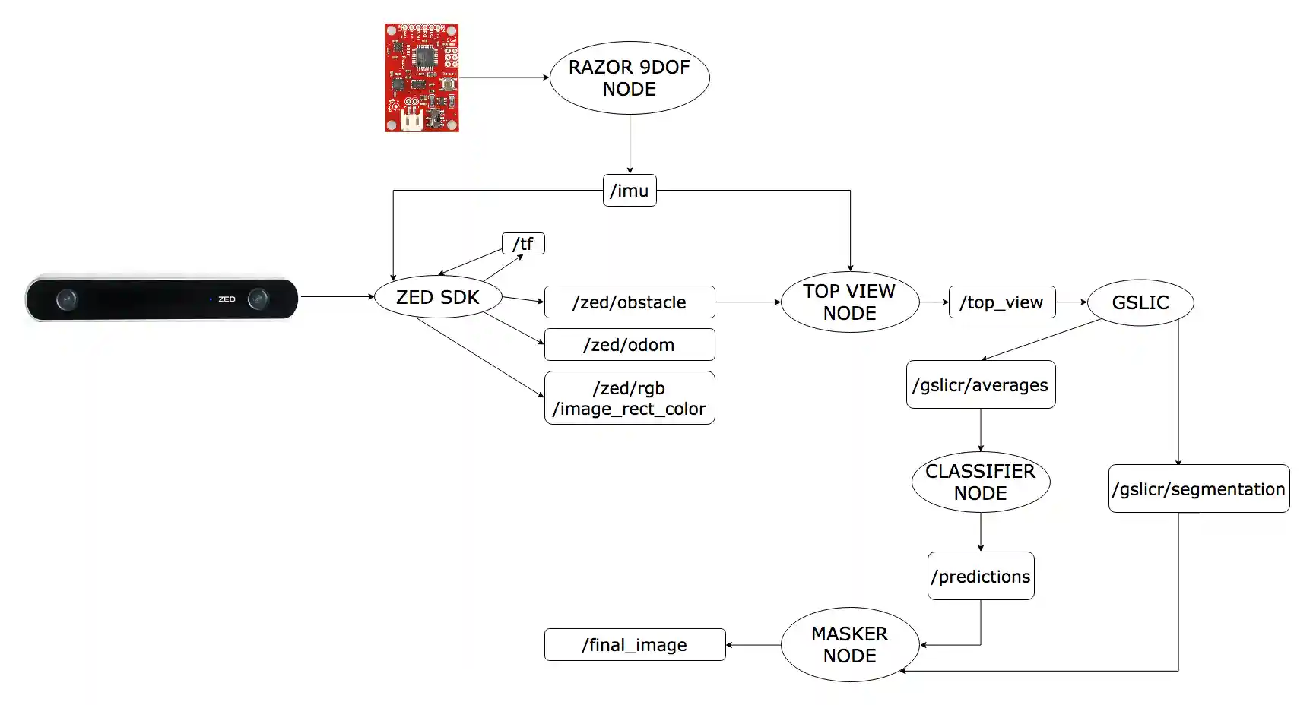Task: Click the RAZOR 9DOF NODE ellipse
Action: click(629, 77)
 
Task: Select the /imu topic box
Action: click(629, 190)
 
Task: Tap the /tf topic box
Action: click(523, 243)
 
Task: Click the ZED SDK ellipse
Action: click(437, 297)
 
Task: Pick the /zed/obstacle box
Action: click(629, 302)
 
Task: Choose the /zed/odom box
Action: click(629, 345)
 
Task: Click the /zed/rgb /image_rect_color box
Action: click(629, 398)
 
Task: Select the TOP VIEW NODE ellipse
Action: click(849, 302)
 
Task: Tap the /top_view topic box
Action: click(1001, 302)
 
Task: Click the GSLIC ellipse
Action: click(1140, 302)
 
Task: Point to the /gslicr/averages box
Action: click(980, 385)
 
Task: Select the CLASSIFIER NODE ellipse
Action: click(980, 482)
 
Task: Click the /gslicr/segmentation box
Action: click(1198, 488)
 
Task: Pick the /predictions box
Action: click(980, 576)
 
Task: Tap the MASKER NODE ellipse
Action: click(849, 644)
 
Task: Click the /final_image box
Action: click(634, 645)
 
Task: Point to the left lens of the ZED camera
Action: click(67, 299)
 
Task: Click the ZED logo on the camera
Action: click(227, 299)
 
